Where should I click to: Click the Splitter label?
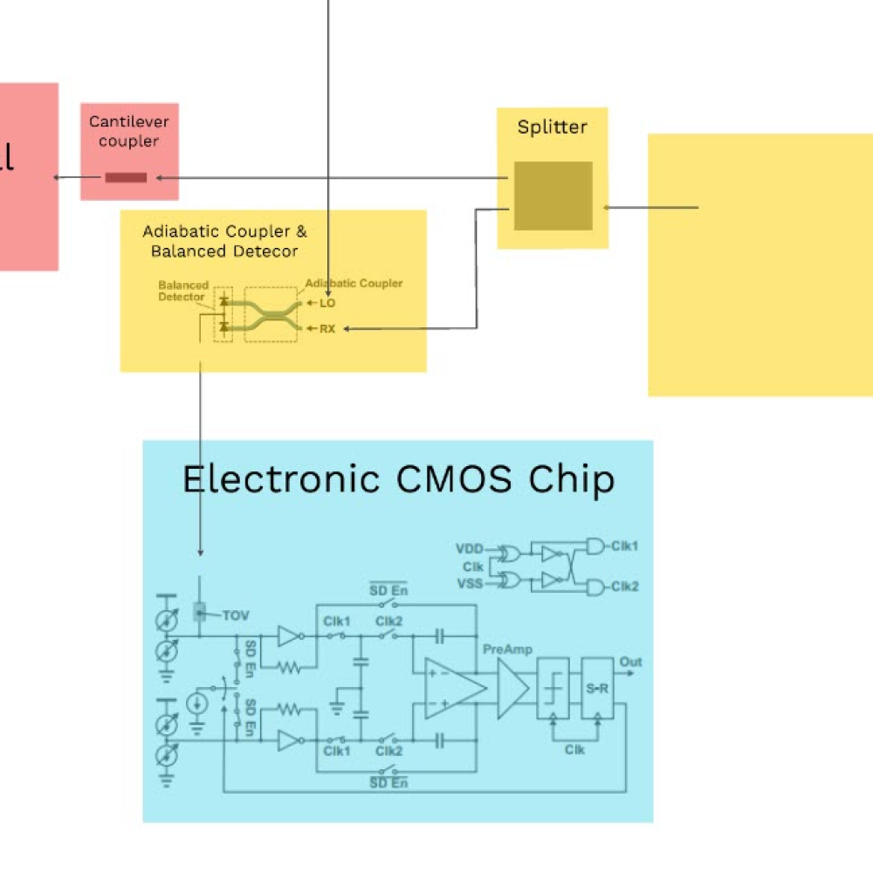552,127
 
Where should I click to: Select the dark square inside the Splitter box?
553,196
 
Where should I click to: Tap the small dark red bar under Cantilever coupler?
126,177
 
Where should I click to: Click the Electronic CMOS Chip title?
398,479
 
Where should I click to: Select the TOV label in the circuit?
236,615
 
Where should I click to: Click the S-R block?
598,688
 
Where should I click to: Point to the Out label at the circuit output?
630,662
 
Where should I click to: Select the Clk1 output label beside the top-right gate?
624,546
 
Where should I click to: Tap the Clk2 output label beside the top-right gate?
624,586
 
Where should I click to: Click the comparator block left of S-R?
553,688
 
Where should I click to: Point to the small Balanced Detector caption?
182,292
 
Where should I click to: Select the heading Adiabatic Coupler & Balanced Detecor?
224,242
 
